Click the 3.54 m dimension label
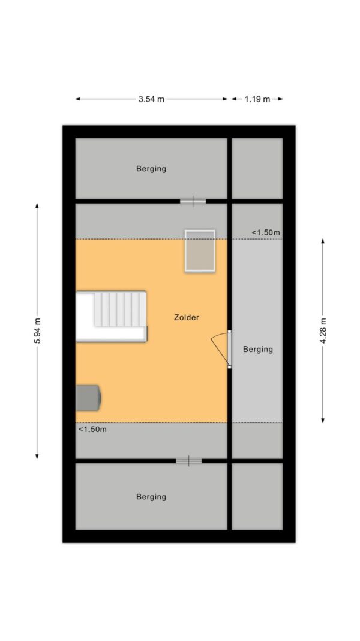[151, 99]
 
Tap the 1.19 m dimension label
[257, 99]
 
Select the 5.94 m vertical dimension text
[37, 330]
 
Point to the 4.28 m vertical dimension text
[323, 330]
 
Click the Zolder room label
[187, 317]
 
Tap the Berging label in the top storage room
[151, 168]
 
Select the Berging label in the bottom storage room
[151, 497]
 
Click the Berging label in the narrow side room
[258, 350]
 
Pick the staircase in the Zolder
[112, 316]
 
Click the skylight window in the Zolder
[200, 251]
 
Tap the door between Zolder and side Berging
[223, 348]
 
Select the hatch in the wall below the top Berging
[193, 201]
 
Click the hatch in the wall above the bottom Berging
[188, 461]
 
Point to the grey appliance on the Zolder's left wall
[88, 397]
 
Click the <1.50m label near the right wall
[266, 232]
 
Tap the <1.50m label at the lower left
[92, 430]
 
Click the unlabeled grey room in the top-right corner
[257, 168]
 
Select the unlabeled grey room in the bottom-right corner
[257, 496]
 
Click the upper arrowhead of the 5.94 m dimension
[37, 205]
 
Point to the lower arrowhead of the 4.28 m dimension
[323, 420]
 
